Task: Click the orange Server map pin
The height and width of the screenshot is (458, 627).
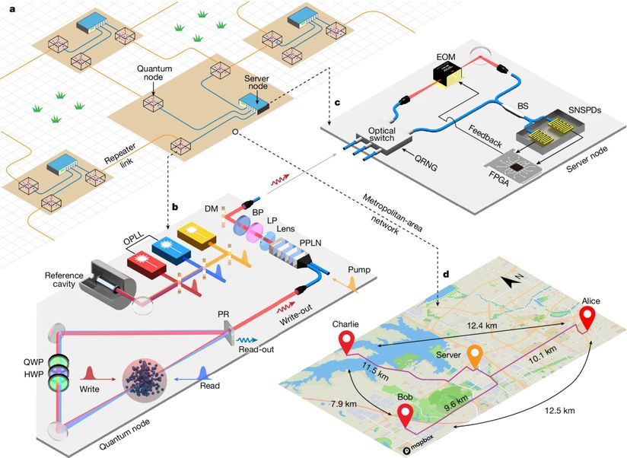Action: pyautogui.click(x=475, y=355)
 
